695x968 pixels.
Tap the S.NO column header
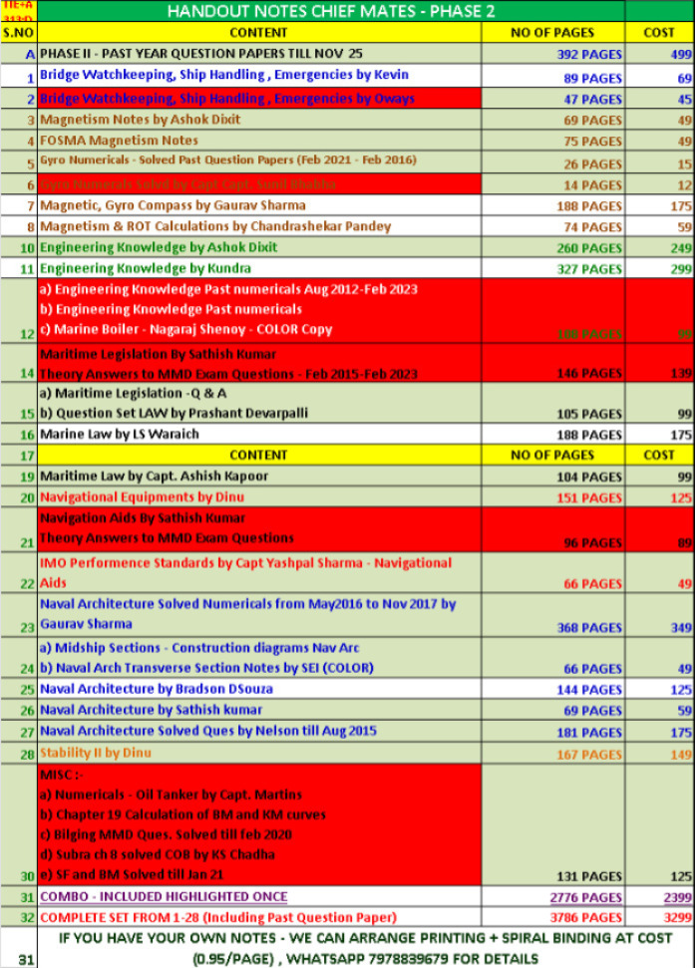(x=18, y=32)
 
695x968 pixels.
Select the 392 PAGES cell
(x=588, y=54)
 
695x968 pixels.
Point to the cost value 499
(x=679, y=54)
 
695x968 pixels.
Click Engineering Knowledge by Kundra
(x=145, y=268)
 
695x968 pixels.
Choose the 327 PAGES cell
(x=587, y=269)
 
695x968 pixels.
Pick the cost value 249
(x=677, y=248)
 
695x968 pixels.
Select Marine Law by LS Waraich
(x=120, y=435)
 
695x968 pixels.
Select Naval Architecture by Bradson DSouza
(x=156, y=689)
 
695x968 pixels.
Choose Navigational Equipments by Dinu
(x=142, y=496)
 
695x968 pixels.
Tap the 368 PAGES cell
(x=588, y=628)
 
